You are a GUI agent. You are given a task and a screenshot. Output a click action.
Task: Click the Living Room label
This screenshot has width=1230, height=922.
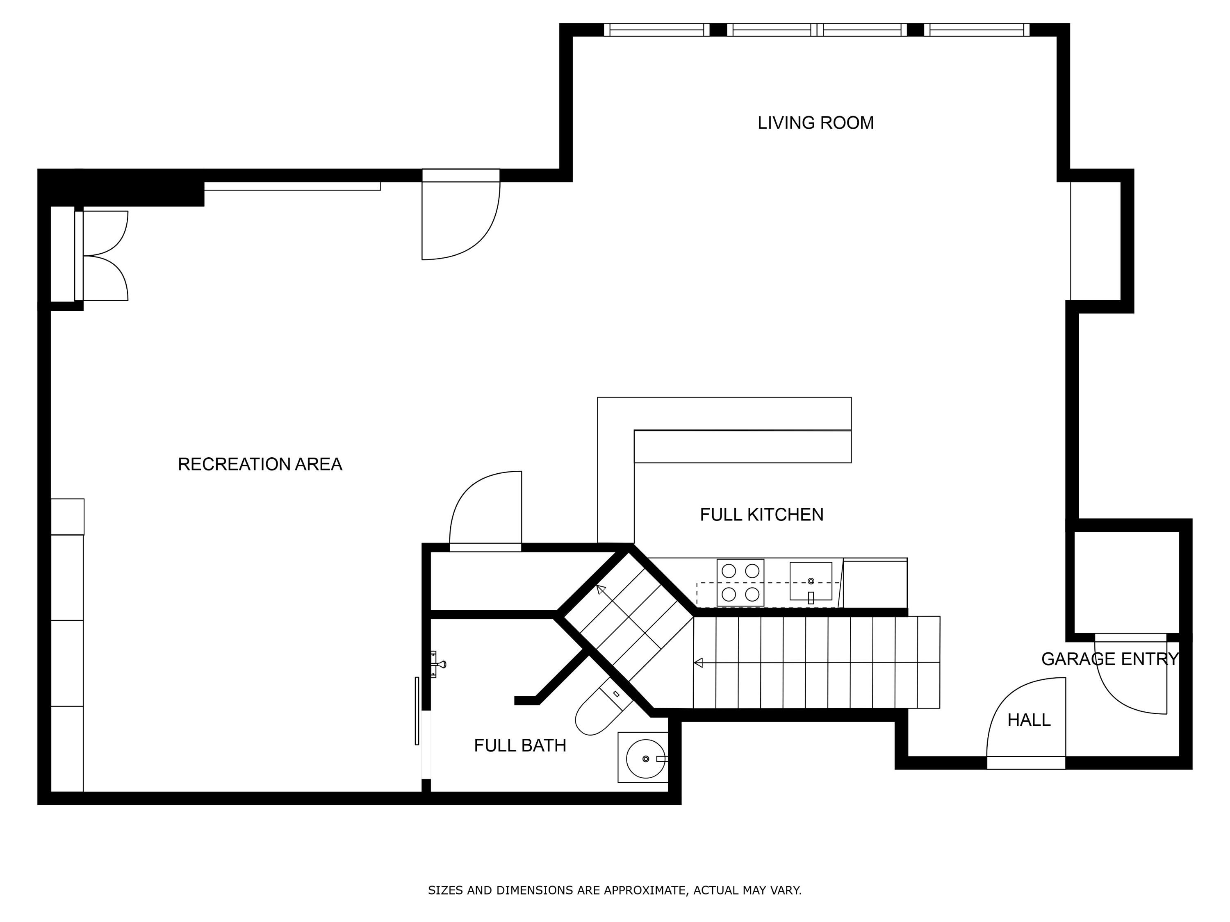click(x=815, y=123)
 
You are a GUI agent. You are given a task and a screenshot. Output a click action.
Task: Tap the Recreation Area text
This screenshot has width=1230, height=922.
click(x=260, y=464)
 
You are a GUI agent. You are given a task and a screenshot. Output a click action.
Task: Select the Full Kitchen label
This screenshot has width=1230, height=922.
click(x=761, y=515)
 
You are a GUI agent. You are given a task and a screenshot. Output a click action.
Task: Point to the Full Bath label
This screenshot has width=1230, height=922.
click(x=520, y=745)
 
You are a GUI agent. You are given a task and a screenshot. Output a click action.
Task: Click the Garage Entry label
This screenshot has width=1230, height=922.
click(x=1109, y=659)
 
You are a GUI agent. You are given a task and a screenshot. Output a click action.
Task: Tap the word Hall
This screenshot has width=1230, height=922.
click(x=1029, y=720)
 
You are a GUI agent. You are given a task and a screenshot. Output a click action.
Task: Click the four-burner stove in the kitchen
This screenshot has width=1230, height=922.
click(x=740, y=582)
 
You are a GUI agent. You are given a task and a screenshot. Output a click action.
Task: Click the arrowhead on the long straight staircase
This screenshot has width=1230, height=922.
click(x=698, y=663)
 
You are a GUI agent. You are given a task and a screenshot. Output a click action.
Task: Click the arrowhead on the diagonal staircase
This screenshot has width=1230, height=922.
click(x=601, y=590)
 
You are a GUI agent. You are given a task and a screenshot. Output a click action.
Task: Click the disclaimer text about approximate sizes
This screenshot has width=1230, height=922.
click(x=615, y=890)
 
